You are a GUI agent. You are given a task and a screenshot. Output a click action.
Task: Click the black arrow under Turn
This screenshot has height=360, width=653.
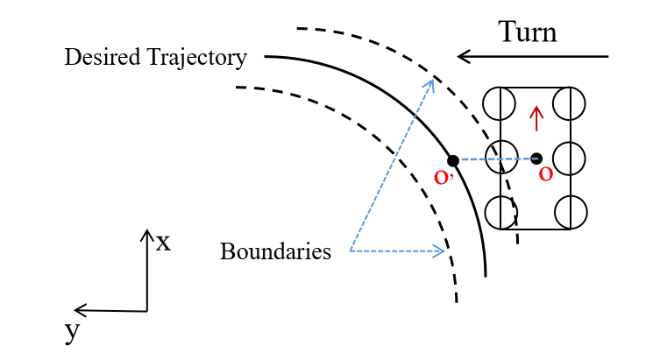pos(533,58)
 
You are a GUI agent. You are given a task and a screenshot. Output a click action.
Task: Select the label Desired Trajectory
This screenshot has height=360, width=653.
pos(156,59)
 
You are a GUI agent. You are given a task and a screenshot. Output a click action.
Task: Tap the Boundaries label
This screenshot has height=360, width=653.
pos(275,252)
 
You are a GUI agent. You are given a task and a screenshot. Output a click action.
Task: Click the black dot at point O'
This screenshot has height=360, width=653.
pos(452,160)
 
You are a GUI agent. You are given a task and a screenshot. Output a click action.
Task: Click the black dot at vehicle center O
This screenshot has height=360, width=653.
pos(536,159)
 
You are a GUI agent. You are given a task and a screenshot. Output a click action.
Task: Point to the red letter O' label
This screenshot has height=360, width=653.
pos(443,179)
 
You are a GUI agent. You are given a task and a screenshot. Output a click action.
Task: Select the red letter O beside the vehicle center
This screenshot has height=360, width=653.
pos(545,175)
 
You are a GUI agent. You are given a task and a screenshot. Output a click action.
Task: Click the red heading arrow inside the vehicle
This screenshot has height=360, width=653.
pos(536,114)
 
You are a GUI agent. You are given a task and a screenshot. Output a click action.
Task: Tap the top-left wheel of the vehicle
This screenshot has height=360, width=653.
pos(499,103)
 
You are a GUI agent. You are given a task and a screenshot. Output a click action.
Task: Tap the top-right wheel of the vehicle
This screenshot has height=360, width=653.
pos(571,103)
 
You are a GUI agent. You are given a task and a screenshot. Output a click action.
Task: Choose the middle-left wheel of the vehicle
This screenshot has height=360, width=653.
pos(499,159)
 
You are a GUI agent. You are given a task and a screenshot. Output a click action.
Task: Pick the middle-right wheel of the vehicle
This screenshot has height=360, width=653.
pos(571,159)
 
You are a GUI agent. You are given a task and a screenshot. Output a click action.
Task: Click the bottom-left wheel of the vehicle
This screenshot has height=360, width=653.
pos(499,212)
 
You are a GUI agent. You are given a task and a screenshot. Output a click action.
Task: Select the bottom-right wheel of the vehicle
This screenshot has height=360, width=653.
pos(571,212)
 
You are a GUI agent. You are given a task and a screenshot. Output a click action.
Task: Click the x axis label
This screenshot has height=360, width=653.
pos(163,242)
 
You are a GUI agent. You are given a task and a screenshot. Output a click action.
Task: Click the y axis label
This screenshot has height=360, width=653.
pos(72,331)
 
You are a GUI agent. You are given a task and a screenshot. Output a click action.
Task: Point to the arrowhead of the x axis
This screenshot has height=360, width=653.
pos(146,233)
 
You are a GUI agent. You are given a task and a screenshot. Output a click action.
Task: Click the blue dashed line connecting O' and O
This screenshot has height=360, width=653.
pos(491,159)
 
